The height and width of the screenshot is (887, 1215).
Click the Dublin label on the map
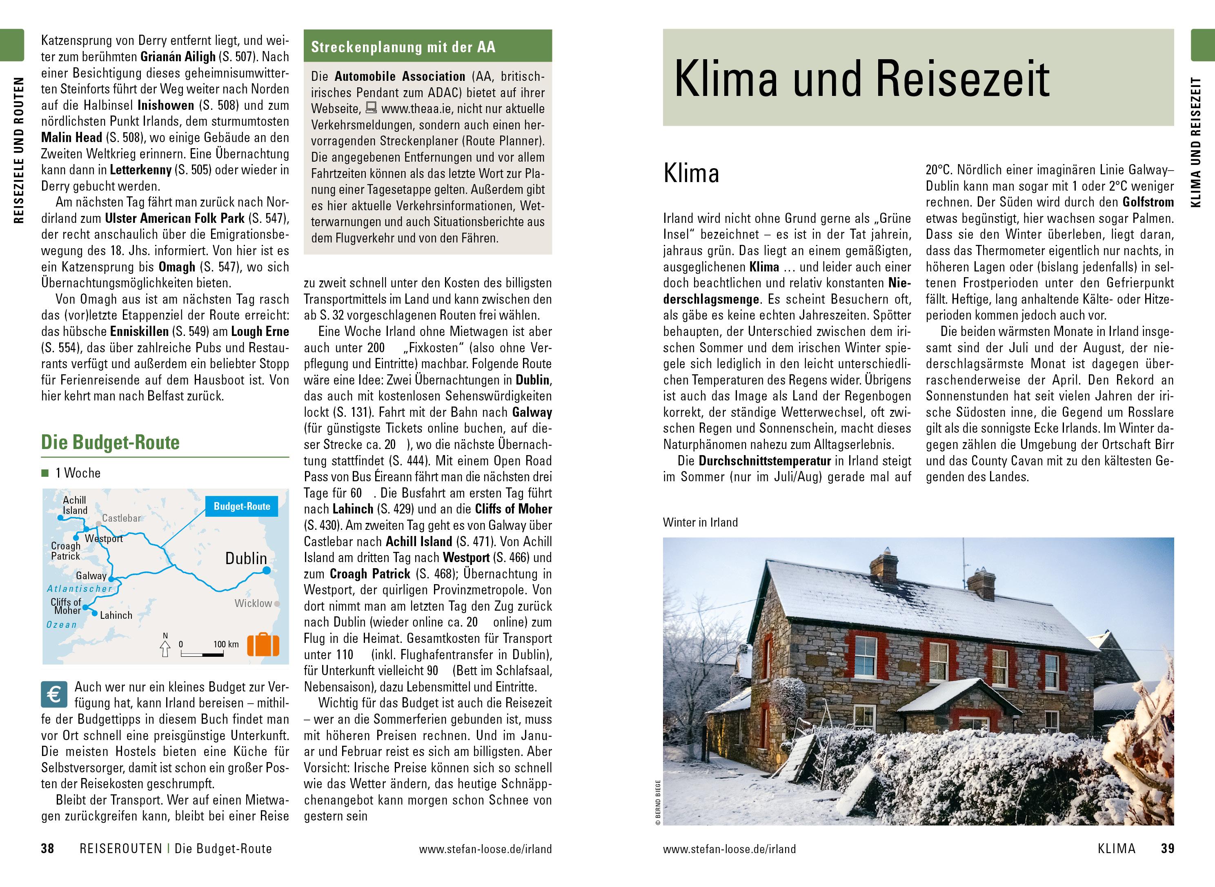[246, 558]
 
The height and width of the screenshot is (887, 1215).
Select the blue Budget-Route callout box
[242, 506]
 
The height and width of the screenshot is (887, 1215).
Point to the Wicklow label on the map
[253, 603]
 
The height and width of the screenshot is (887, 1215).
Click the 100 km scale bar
[202, 654]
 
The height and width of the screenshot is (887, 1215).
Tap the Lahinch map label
[116, 615]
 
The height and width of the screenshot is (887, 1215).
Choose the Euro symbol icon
[54, 695]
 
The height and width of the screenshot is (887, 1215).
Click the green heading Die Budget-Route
[111, 442]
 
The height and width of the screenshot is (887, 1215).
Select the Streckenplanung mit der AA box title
[403, 47]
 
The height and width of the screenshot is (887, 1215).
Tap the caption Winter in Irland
[700, 522]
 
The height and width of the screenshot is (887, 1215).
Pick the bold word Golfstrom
[1148, 202]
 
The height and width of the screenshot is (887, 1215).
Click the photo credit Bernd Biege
[658, 803]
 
